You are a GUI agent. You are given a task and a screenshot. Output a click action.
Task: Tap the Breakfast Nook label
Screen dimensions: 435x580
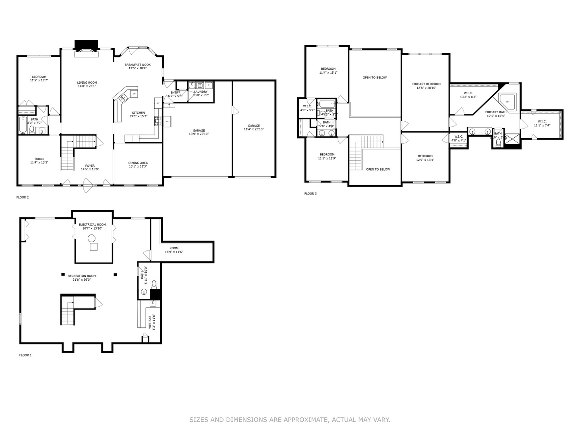coord(137,65)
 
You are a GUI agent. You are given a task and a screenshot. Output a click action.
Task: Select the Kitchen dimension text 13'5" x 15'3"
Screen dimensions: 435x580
coord(138,116)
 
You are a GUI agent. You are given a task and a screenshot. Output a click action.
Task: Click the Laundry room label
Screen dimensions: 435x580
coord(201,92)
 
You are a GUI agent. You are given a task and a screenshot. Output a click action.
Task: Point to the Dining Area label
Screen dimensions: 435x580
coord(138,163)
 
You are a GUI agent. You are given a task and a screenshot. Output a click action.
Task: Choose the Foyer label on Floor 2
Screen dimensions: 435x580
coord(90,166)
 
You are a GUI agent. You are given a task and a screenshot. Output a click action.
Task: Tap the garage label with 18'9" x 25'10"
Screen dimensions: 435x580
coord(199,130)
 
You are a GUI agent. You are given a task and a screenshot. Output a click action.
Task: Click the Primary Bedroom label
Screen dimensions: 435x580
coord(426,84)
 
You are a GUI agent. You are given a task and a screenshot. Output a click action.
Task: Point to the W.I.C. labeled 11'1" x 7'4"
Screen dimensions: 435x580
coord(542,122)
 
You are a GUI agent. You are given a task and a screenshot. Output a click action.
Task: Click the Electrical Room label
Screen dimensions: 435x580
coord(92,225)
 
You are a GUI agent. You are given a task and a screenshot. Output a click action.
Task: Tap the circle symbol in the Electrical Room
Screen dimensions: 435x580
coord(92,238)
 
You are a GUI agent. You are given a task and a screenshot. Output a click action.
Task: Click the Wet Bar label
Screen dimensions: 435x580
coord(150,322)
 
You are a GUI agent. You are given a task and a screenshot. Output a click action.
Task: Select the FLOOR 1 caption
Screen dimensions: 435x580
coord(25,355)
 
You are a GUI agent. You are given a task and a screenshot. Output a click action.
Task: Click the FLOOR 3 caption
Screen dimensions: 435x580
coord(310,194)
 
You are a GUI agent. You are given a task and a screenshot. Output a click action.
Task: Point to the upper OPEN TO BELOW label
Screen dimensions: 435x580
coord(375,77)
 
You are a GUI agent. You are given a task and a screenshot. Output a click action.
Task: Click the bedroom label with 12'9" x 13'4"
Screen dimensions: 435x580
coord(425,156)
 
